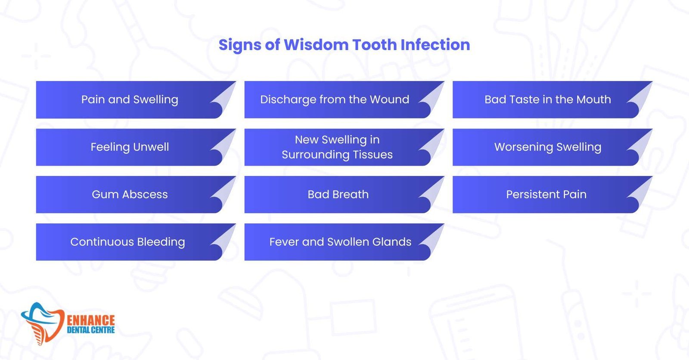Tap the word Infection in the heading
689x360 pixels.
click(x=435, y=45)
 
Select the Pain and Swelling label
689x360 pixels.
click(x=130, y=100)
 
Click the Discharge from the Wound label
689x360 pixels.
click(x=335, y=99)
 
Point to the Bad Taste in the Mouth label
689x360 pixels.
click(x=547, y=99)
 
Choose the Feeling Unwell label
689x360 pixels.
click(x=130, y=147)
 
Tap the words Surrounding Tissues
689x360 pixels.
click(x=337, y=155)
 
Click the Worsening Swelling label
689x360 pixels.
click(x=548, y=147)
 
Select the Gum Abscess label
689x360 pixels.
click(x=130, y=195)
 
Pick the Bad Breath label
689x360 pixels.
click(x=338, y=195)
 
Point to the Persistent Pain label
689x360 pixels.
click(x=546, y=195)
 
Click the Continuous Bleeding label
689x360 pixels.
click(x=127, y=242)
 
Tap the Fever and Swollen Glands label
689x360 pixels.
click(x=340, y=242)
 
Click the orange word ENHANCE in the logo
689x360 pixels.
click(x=91, y=320)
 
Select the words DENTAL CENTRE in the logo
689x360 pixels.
click(x=91, y=330)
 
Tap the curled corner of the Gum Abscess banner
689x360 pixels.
click(x=224, y=193)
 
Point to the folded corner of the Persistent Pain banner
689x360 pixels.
click(x=640, y=193)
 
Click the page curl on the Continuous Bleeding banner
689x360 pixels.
click(x=224, y=241)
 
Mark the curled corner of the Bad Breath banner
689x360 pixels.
click(x=432, y=193)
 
